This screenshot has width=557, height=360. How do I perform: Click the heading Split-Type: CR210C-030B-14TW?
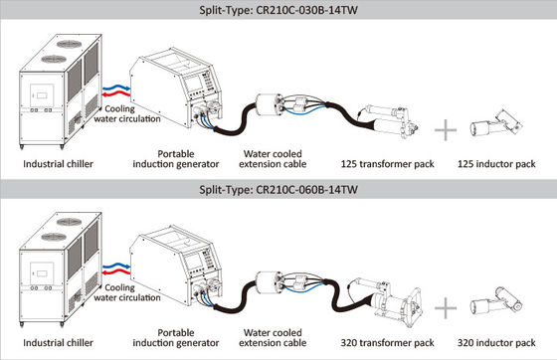pyautogui.click(x=278, y=11)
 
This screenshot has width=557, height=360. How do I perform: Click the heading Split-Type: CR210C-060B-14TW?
pyautogui.click(x=278, y=189)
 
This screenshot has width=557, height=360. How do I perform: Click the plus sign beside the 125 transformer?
pyautogui.click(x=446, y=128)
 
